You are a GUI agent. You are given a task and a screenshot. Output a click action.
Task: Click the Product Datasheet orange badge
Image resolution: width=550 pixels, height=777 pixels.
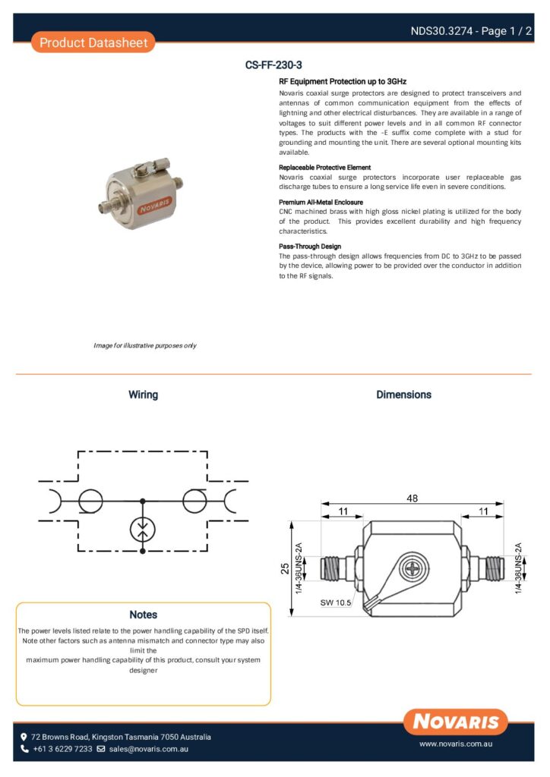coord(93,42)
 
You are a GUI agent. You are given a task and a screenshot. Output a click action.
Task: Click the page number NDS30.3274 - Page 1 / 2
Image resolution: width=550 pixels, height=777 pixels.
coord(470,31)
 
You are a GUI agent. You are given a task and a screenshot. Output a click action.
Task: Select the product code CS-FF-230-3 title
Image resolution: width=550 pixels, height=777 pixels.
coord(274,65)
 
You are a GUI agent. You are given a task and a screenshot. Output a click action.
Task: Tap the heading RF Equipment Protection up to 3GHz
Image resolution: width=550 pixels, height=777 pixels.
coord(343,80)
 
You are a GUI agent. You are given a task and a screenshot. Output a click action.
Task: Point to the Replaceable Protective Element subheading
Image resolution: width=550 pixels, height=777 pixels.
coord(324,167)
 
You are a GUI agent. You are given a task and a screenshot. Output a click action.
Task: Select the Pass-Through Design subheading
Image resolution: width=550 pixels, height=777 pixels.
coord(310,247)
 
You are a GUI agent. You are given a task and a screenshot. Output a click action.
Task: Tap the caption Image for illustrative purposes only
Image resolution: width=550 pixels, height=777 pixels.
coord(144,345)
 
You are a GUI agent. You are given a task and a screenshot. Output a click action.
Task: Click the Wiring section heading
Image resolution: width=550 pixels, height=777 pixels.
coord(143,395)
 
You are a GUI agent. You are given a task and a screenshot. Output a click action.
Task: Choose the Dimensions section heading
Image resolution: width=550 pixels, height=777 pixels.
coord(403,395)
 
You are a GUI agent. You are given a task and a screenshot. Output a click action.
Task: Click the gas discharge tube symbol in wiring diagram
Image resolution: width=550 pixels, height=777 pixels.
coord(143,528)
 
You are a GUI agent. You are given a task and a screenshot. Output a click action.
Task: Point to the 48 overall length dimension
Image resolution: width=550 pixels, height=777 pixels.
coord(412,499)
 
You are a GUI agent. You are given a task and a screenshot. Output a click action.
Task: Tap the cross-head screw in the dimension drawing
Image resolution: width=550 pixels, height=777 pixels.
coord(412,567)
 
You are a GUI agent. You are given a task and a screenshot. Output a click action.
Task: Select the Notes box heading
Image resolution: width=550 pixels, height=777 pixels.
coord(143,615)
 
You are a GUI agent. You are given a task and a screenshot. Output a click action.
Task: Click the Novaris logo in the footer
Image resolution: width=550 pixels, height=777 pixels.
coord(456,722)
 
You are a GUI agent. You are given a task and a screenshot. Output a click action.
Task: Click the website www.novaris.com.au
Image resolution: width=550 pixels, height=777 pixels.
coord(456,745)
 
